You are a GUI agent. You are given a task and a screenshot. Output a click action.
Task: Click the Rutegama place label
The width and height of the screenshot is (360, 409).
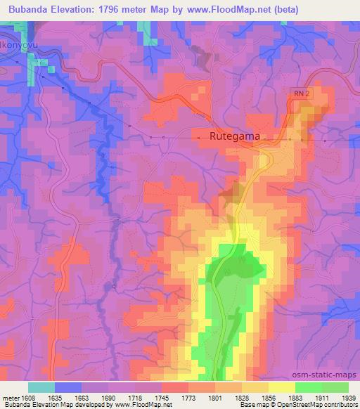236,137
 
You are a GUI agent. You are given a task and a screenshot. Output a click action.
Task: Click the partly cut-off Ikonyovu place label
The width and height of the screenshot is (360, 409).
17,44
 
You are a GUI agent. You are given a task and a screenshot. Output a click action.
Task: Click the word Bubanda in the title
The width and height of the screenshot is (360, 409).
30,10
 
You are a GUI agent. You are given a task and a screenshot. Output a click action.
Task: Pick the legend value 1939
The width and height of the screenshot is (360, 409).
348,398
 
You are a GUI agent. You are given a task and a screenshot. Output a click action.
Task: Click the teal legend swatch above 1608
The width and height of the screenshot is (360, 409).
41,387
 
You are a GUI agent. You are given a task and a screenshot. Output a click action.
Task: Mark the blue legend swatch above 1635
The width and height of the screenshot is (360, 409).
68,387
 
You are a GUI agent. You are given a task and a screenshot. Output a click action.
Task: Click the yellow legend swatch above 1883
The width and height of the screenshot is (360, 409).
282,387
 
